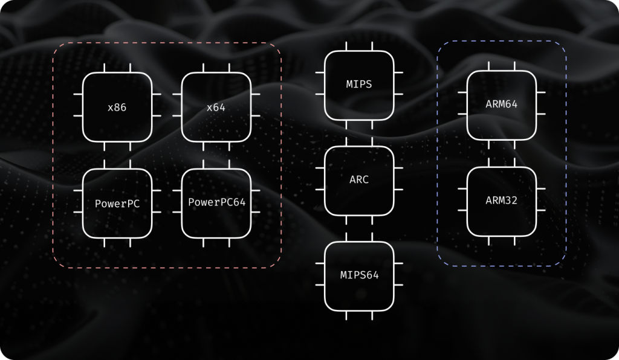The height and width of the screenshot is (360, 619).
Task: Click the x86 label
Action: (117, 108)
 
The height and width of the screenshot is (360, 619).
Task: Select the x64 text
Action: (216, 108)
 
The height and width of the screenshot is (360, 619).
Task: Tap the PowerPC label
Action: (117, 204)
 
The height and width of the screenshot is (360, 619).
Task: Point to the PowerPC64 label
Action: (216, 202)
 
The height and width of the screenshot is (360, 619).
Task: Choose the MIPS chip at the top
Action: (359, 85)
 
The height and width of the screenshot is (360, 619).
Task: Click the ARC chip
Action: (359, 180)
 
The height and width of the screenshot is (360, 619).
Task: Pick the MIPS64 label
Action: (359, 275)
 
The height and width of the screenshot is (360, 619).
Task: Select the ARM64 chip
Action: (502, 104)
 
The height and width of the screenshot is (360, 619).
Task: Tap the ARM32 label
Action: (502, 200)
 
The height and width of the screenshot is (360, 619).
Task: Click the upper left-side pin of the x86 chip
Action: (78, 95)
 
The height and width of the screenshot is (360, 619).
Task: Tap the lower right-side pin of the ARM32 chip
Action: (541, 210)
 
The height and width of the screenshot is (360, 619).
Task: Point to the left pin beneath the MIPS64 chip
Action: (346, 315)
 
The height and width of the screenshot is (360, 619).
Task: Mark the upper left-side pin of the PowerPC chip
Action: (78, 191)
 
